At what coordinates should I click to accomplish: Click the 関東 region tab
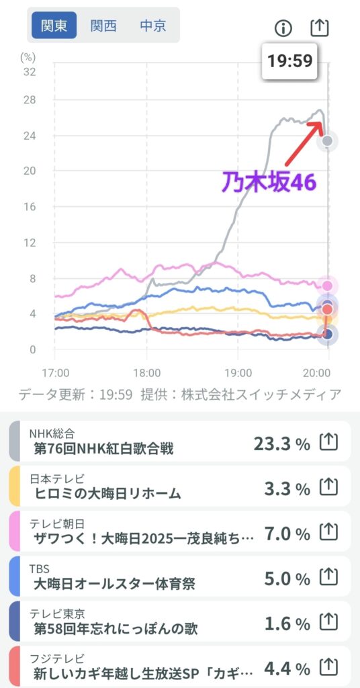coord(54,26)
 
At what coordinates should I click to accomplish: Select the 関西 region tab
coord(103,26)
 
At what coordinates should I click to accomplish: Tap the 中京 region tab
coord(153,26)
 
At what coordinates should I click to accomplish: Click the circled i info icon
coord(283,28)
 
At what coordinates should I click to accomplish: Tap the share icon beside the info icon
coord(319,28)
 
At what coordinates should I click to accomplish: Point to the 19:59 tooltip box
coord(289,60)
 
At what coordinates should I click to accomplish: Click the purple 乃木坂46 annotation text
coord(269,181)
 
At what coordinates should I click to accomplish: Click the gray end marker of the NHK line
coord(328,141)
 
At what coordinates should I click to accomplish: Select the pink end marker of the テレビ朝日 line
coord(327,286)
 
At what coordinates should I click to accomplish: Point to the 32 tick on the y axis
coord(30,72)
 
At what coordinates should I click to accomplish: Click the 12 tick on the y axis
coord(30,242)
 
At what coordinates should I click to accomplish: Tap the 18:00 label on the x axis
coord(146,374)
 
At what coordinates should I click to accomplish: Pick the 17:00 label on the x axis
coord(56,374)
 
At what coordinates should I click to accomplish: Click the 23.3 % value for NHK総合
coord(281,444)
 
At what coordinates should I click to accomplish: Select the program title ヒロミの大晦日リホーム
coord(107,494)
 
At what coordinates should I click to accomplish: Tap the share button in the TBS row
coord(329,578)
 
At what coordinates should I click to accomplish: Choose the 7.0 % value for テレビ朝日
coord(287,534)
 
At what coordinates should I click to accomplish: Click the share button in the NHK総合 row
coord(329,442)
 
